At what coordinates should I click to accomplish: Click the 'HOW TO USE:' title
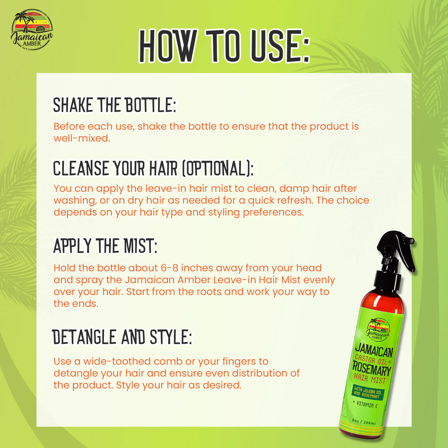pyautogui.click(x=224, y=46)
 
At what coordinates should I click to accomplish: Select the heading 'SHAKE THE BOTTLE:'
pyautogui.click(x=114, y=105)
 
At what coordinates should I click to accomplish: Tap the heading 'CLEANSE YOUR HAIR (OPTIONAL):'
pyautogui.click(x=153, y=168)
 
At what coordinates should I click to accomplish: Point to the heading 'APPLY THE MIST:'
pyautogui.click(x=105, y=246)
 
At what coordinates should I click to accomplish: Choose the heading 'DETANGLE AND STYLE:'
pyautogui.click(x=122, y=337)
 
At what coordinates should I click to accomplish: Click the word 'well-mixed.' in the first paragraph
pyautogui.click(x=82, y=138)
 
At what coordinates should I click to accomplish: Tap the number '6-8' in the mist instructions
pyautogui.click(x=169, y=268)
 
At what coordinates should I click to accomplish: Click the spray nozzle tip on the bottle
pyautogui.click(x=411, y=240)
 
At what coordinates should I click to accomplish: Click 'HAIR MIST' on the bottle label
pyautogui.click(x=370, y=378)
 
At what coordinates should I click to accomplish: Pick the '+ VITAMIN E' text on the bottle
pyautogui.click(x=366, y=404)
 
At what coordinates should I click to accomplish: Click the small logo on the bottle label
pyautogui.click(x=378, y=329)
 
